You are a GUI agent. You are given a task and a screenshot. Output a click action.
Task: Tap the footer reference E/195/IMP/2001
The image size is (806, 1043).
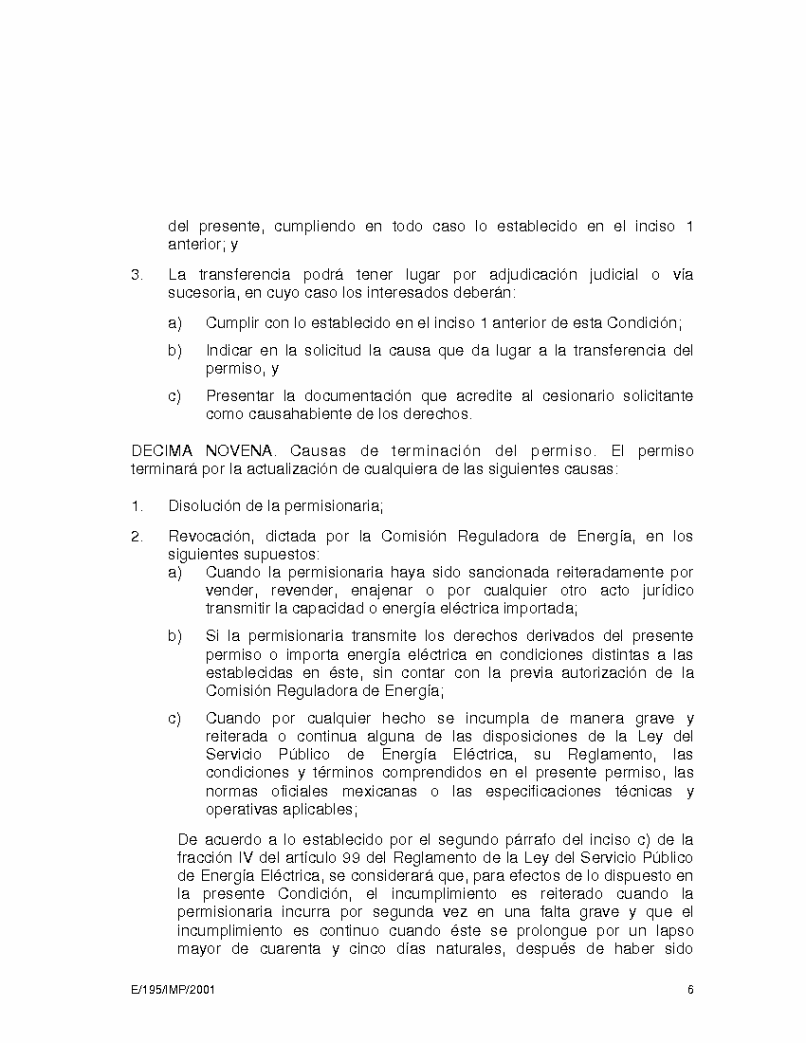174,990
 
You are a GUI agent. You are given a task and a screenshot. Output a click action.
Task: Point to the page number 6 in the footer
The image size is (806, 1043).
690,990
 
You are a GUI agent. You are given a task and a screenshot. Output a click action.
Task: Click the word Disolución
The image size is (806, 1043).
203,505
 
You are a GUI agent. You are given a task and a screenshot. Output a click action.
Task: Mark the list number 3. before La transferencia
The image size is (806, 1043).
137,275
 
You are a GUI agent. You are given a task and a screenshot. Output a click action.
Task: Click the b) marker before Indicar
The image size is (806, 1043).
174,350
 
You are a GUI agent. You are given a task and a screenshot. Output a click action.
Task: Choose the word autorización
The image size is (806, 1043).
599,672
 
